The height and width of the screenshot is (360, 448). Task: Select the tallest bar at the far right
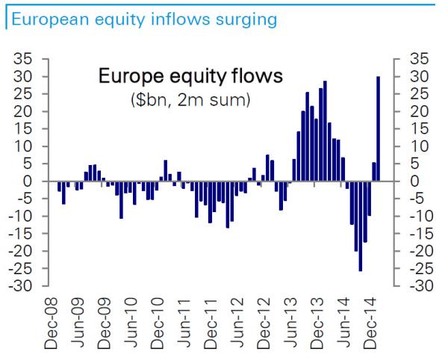[x=379, y=128]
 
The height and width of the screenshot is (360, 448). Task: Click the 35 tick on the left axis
[x=34, y=59]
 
